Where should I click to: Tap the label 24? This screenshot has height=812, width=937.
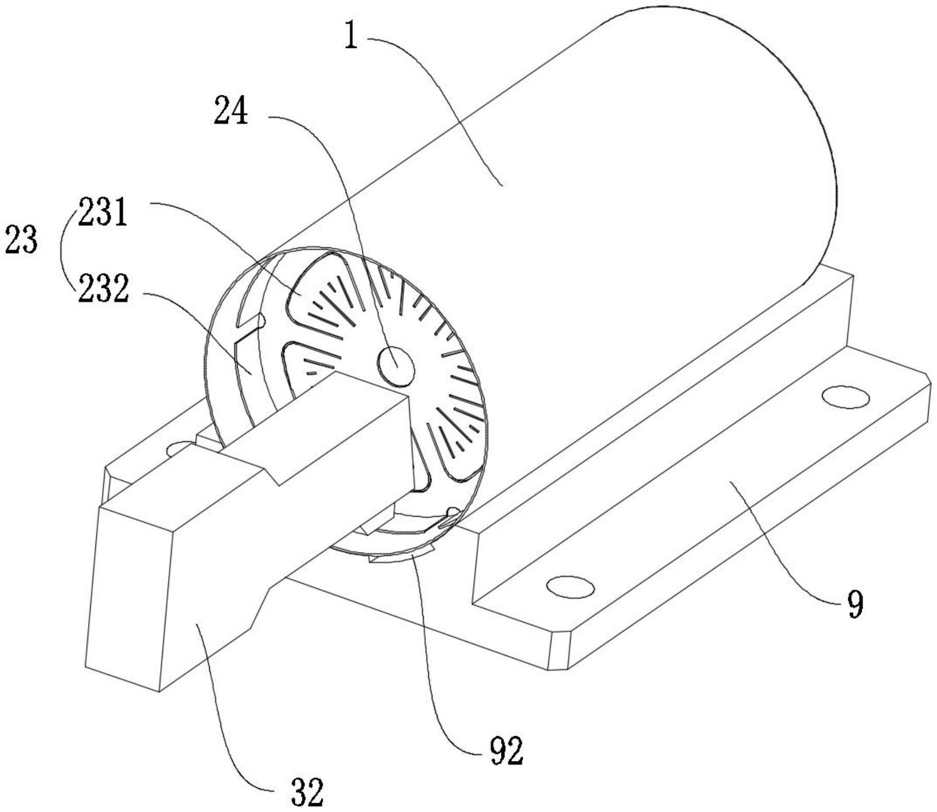[231, 111]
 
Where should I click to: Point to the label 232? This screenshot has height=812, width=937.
[103, 290]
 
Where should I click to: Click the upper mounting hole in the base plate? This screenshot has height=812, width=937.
[846, 397]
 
